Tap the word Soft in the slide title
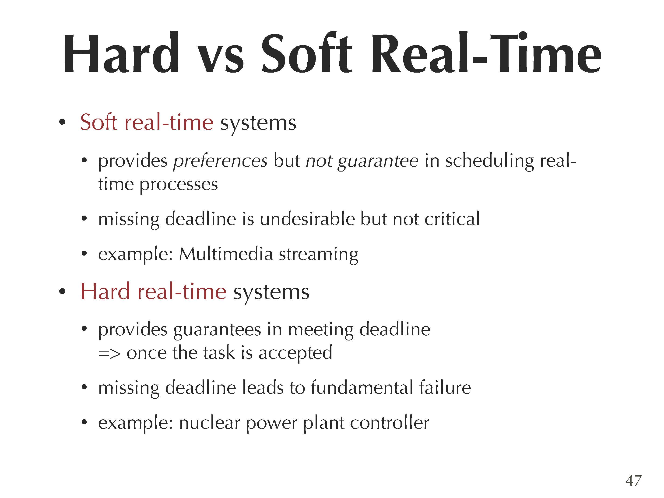click(x=306, y=53)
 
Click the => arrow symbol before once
click(x=109, y=354)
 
